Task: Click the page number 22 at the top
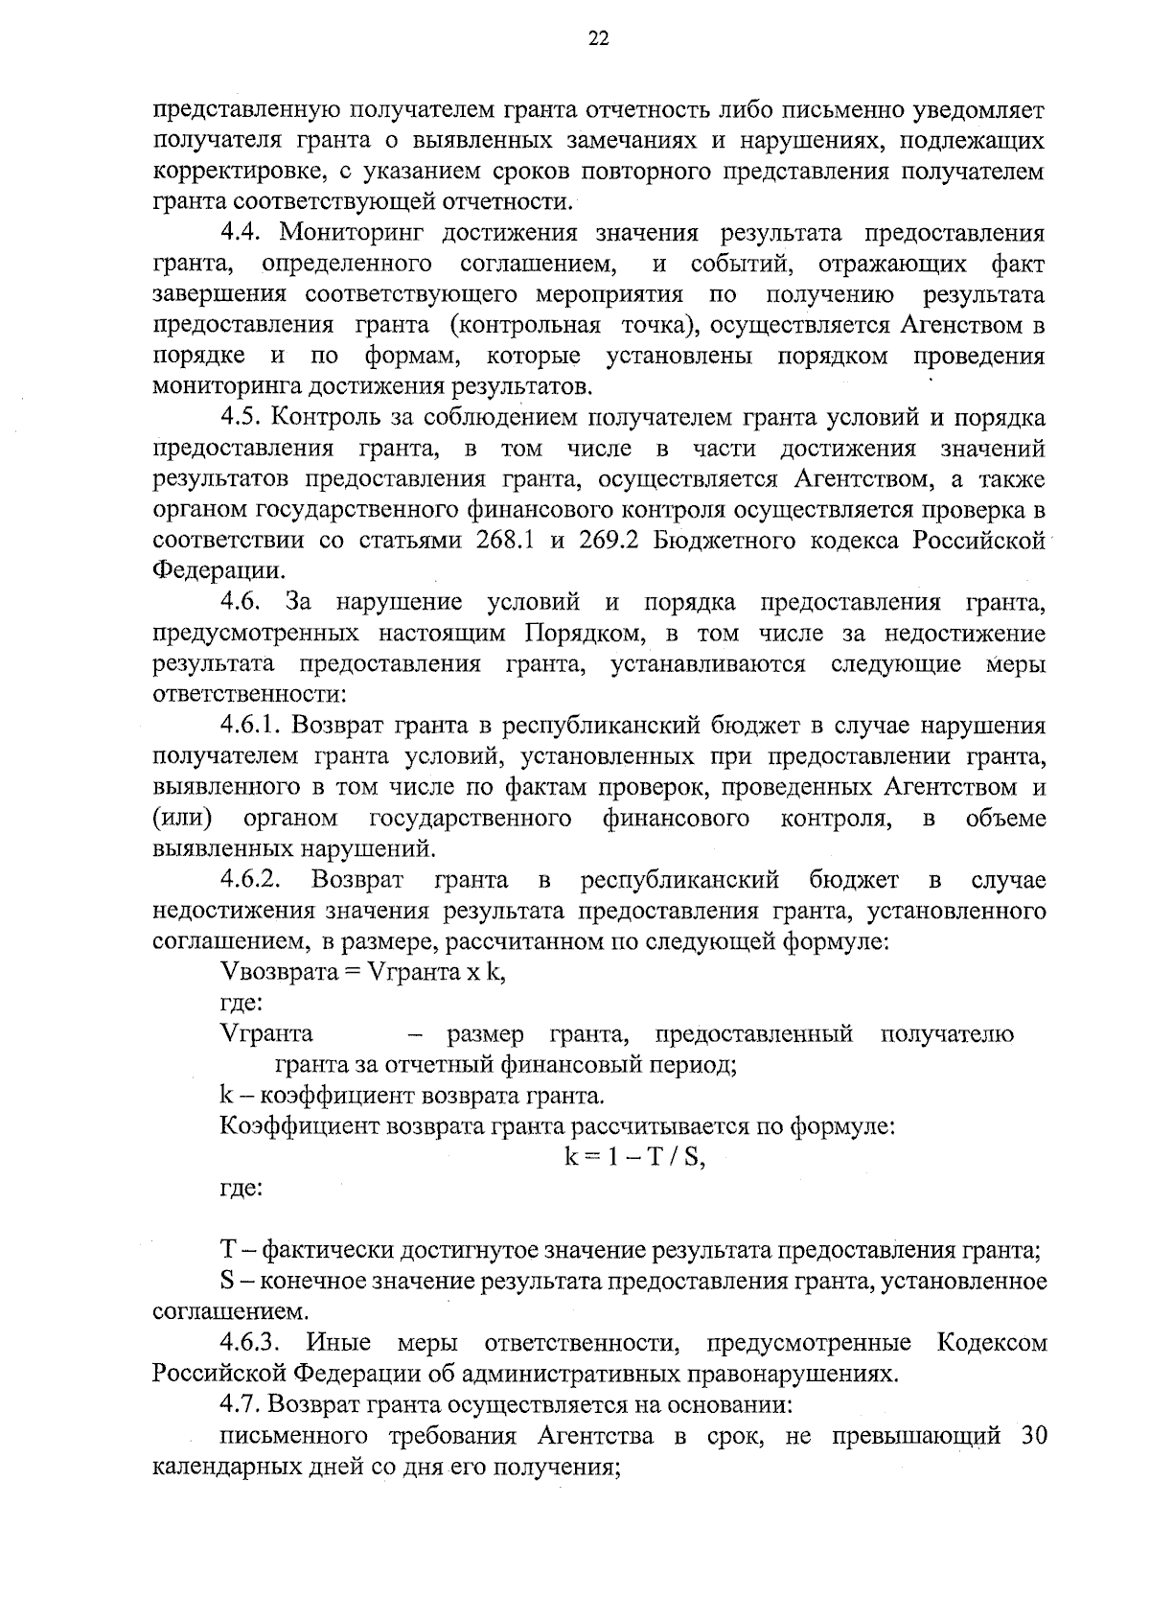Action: click(598, 38)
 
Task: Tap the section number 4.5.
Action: click(243, 417)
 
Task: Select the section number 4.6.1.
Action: click(254, 726)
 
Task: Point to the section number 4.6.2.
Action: click(254, 880)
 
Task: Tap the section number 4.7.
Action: click(240, 1404)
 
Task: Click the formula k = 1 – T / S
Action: click(633, 1157)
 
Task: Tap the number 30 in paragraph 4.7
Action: click(1029, 1436)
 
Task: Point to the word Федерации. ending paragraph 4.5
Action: click(218, 571)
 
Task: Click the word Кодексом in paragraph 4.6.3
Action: click(992, 1343)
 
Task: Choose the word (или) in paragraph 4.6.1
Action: click(182, 819)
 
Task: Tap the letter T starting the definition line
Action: click(227, 1251)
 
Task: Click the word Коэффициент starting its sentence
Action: click(300, 1126)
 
